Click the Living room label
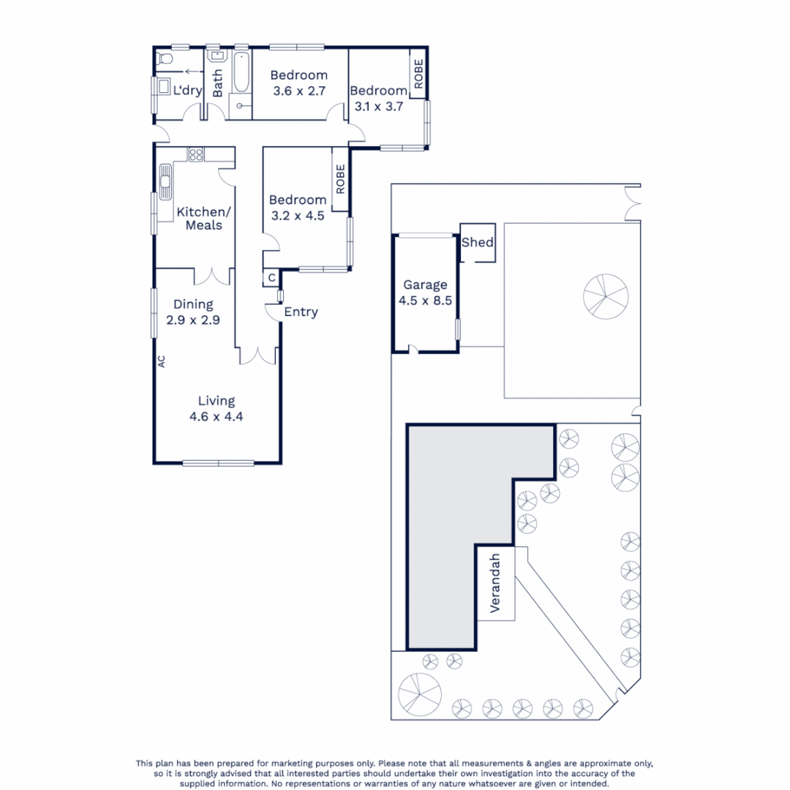coord(217,409)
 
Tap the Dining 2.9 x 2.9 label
coord(193,312)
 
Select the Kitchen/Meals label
coord(203,218)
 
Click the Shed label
coord(478,243)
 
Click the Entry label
coord(301,312)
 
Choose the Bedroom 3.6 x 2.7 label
coord(298,83)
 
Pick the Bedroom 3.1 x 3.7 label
coord(378,98)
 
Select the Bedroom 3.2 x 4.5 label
coord(297,208)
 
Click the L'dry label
coord(187,91)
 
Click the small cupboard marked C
coord(271,278)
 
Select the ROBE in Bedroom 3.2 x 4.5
coord(340,179)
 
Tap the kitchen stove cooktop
coord(196,154)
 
